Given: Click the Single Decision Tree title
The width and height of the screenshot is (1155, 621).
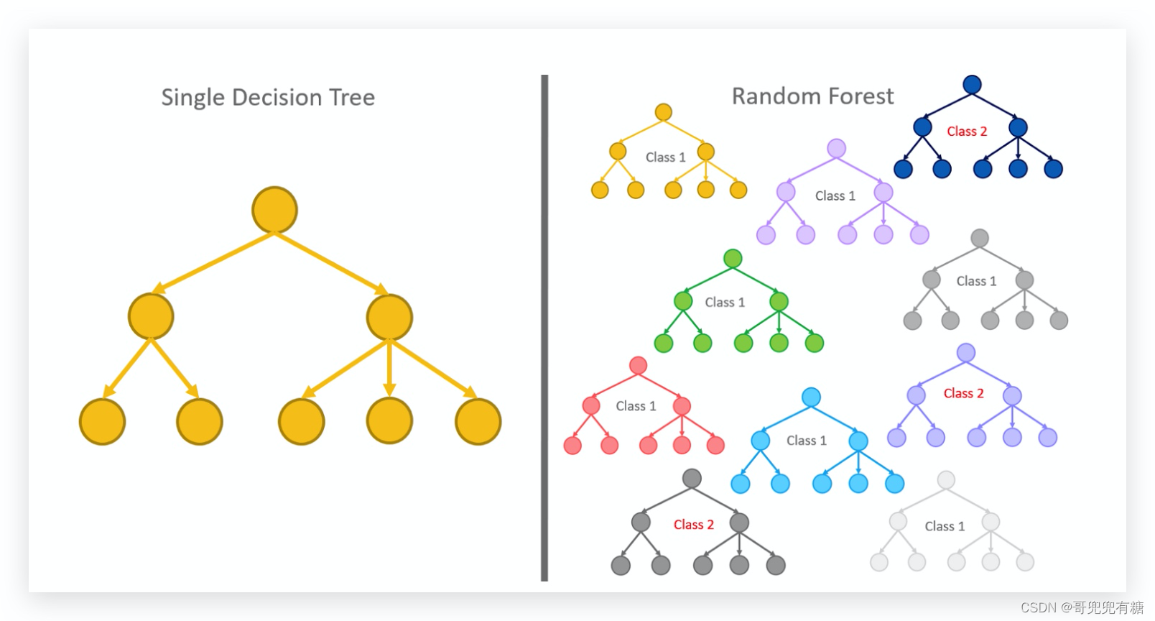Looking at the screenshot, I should [268, 97].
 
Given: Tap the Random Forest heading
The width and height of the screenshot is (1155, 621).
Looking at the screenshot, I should [812, 96].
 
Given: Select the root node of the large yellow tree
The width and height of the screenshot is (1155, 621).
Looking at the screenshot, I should [274, 210].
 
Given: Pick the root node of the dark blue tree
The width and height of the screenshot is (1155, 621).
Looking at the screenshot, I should [972, 84].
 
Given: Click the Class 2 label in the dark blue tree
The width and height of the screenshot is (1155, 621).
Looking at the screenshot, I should [967, 131].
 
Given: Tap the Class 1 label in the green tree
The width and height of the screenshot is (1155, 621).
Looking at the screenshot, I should [725, 302].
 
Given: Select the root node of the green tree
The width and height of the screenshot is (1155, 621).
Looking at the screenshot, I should [733, 259].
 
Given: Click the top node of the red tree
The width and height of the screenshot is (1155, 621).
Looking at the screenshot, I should [638, 365].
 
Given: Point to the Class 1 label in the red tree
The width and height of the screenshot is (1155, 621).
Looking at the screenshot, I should [636, 406].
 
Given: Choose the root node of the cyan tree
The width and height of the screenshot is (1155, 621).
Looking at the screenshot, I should [811, 397].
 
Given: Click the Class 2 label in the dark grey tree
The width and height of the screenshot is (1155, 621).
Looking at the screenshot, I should [693, 525].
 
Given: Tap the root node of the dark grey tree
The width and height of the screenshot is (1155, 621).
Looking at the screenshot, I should [692, 479].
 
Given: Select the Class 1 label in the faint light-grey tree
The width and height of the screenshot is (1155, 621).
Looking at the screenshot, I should [945, 526].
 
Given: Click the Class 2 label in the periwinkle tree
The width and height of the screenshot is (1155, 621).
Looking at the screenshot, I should [963, 393].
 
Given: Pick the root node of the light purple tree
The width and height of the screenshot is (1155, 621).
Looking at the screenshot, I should [836, 149].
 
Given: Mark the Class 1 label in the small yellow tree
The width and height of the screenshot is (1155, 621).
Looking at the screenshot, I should [665, 157].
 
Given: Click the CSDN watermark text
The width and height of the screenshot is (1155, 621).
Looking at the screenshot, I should [1082, 607].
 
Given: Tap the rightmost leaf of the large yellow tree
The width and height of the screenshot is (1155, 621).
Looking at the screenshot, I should [478, 422].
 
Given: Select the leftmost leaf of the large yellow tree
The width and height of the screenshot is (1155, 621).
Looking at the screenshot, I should [102, 422].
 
